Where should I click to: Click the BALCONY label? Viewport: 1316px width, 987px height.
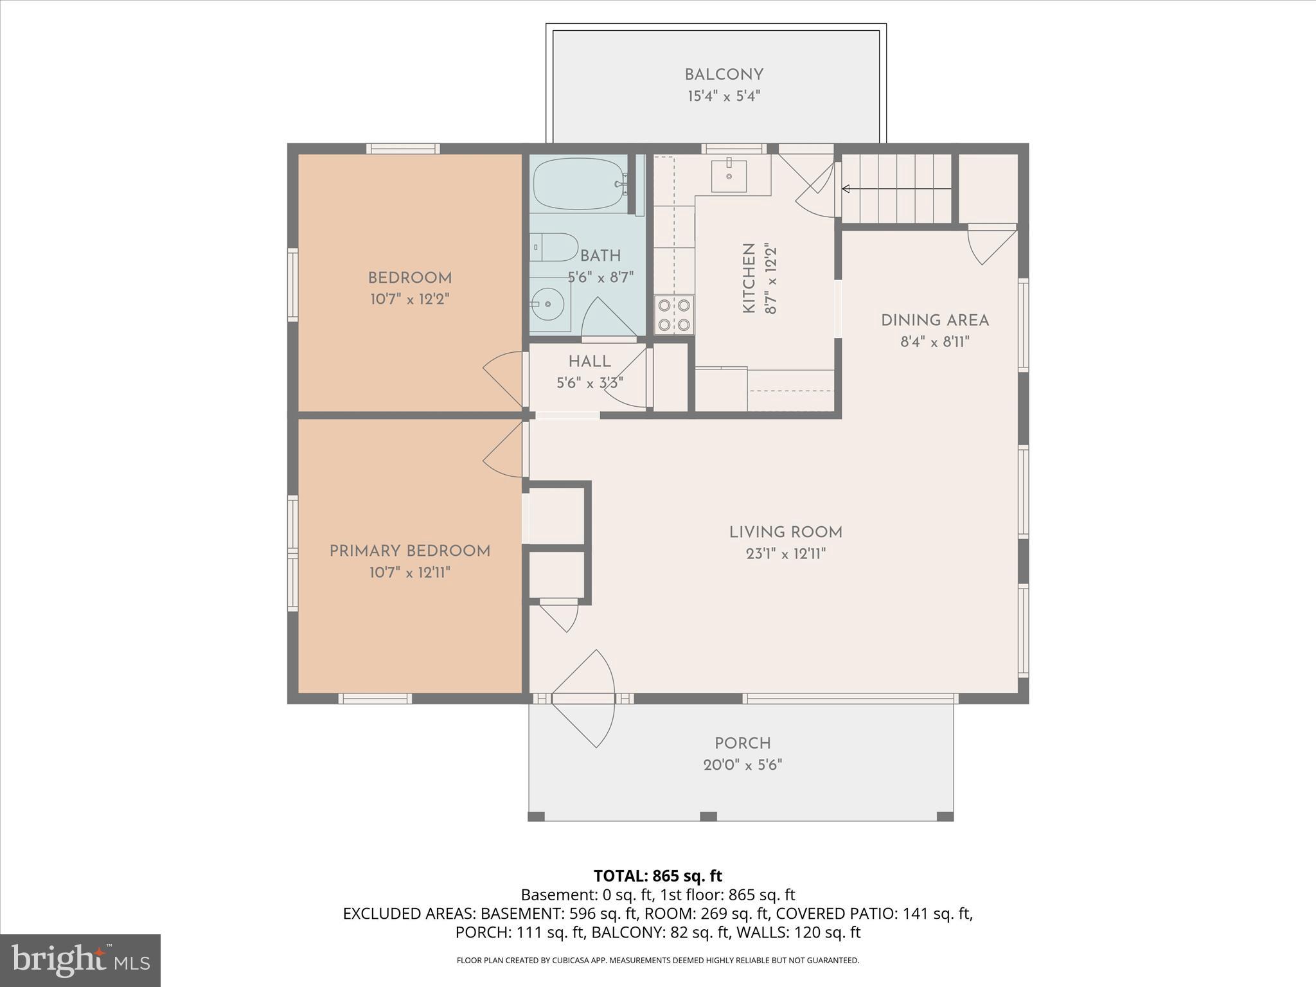tap(724, 75)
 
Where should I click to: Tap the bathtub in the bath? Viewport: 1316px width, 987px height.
tap(578, 184)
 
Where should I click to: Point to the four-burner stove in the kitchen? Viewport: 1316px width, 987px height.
tap(674, 314)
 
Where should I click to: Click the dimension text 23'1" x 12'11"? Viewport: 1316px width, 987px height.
tap(785, 554)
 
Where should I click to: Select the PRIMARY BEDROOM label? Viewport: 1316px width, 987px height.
tap(409, 551)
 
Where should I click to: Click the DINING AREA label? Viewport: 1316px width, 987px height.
tap(934, 321)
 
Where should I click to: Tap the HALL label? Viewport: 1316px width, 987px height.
tap(589, 362)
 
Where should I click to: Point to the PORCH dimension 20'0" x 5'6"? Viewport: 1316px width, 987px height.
tap(742, 765)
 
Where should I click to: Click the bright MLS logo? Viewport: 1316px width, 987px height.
tap(80, 960)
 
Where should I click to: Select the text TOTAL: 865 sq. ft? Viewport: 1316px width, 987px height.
tap(657, 876)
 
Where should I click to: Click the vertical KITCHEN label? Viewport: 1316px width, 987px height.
tap(749, 278)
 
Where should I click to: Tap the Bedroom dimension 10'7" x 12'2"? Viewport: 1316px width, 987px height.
tap(409, 299)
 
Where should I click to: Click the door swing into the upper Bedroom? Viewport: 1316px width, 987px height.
tap(504, 379)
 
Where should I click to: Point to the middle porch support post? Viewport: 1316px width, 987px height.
tap(707, 816)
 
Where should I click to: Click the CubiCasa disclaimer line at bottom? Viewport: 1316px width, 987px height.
tap(657, 961)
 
